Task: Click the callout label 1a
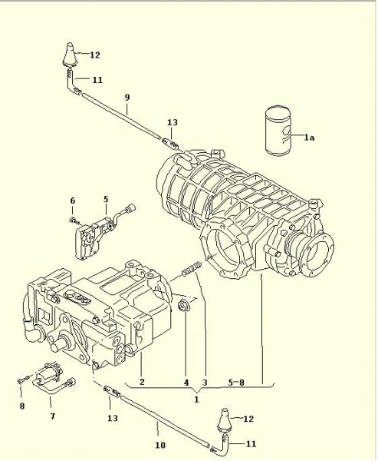point(309,137)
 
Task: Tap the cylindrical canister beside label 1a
point(278,131)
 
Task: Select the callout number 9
point(127,98)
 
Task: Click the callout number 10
point(160,445)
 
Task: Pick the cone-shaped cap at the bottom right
point(225,420)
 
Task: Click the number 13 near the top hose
point(173,122)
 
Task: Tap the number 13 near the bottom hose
point(113,418)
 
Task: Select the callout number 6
point(73,201)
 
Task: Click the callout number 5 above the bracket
point(106,199)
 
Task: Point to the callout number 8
point(22,406)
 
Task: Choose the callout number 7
point(52,416)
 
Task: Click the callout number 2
point(142,382)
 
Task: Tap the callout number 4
point(186,383)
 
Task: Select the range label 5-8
point(236,383)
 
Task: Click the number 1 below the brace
point(196,400)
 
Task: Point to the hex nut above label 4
point(184,305)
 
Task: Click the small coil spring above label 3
point(192,268)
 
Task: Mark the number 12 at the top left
point(94,55)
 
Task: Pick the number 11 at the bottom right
point(251,443)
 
